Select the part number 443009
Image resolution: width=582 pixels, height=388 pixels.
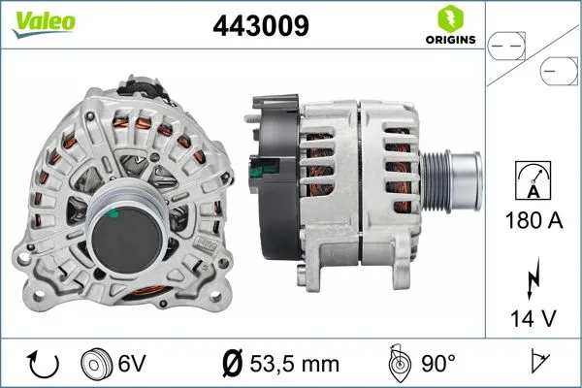click(x=260, y=25)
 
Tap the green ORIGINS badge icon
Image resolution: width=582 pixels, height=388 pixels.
click(x=448, y=19)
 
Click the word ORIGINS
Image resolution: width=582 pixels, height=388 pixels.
click(x=448, y=40)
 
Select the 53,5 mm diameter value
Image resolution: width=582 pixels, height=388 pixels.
click(x=290, y=364)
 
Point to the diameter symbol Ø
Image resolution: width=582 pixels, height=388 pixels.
click(x=233, y=364)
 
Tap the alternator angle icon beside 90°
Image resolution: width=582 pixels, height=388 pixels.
click(x=399, y=364)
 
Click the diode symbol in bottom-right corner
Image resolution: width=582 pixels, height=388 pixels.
click(x=537, y=364)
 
